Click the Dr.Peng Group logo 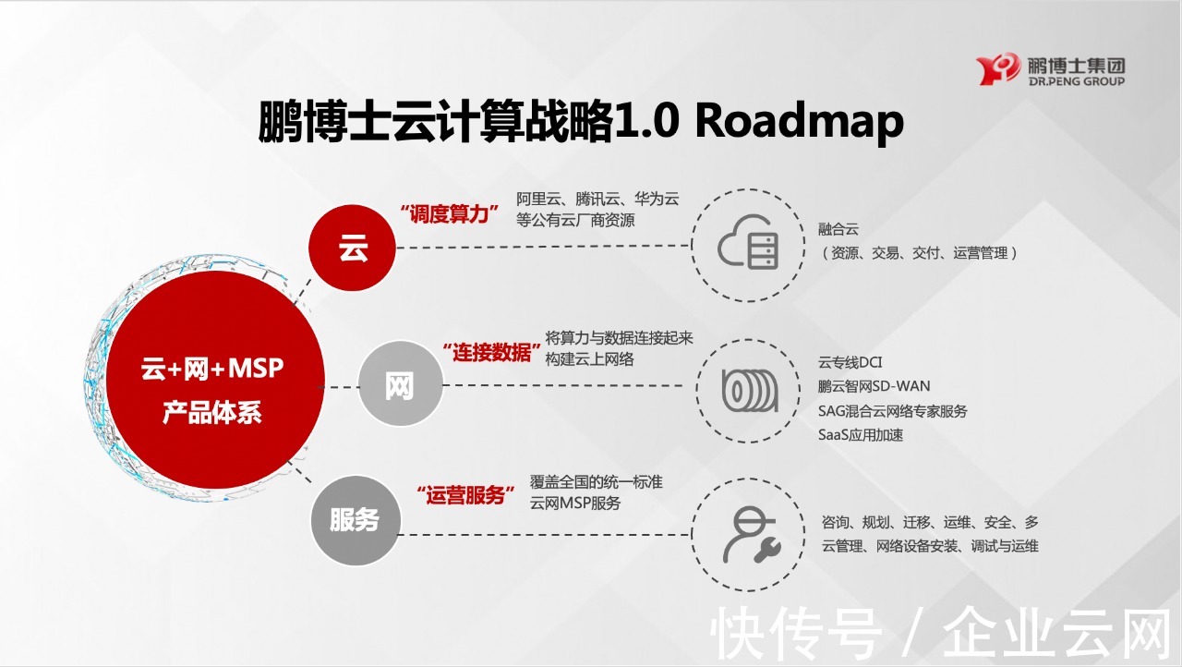[x=1050, y=70]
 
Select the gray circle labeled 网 [x=399, y=387]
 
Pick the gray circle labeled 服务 [x=355, y=520]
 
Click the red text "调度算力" [x=449, y=212]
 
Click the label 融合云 [x=838, y=229]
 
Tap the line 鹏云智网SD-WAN [x=874, y=386]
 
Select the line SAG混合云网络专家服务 [x=892, y=410]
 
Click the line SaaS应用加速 [x=860, y=434]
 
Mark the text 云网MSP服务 [x=575, y=503]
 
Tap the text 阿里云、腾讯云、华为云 [x=597, y=199]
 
